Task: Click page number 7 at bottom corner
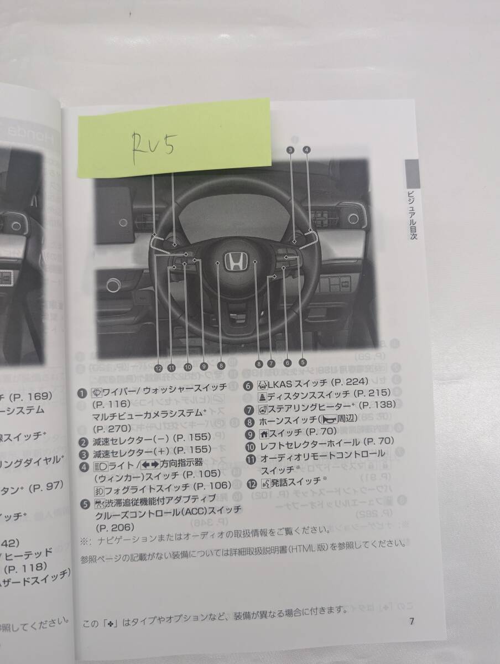tap(412, 621)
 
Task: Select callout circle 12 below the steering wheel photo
tap(158, 367)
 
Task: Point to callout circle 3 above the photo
tap(290, 149)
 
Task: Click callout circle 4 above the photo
tap(307, 149)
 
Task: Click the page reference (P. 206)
tap(114, 528)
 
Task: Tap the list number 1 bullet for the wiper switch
tap(82, 393)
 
